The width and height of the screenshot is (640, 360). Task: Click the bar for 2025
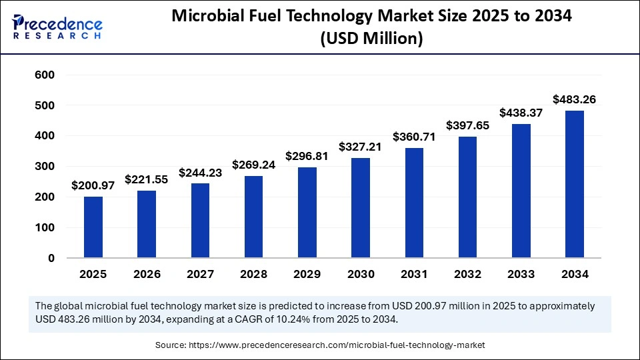click(x=93, y=227)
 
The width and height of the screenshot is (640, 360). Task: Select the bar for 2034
click(x=574, y=184)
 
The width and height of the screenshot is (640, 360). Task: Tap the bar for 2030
click(x=361, y=207)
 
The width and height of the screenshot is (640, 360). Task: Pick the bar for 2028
click(x=253, y=217)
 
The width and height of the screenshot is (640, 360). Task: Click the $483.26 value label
click(x=574, y=99)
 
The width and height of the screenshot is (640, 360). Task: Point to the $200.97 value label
click(x=93, y=185)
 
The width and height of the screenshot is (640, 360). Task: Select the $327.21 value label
click(x=361, y=147)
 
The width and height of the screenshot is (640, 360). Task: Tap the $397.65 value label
click(x=467, y=125)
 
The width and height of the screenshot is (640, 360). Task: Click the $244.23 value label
click(x=200, y=172)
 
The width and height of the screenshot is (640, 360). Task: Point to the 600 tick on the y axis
click(x=45, y=75)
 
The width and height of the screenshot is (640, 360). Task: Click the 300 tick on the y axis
click(x=45, y=167)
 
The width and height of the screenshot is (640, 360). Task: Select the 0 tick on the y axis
click(x=51, y=258)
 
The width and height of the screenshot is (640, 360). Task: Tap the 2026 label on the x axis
click(x=147, y=274)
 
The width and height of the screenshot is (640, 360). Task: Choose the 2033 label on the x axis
click(x=521, y=274)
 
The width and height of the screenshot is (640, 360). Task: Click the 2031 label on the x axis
click(x=414, y=274)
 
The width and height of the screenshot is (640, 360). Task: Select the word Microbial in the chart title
click(x=213, y=17)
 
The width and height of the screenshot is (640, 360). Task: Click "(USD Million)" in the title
click(x=371, y=39)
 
